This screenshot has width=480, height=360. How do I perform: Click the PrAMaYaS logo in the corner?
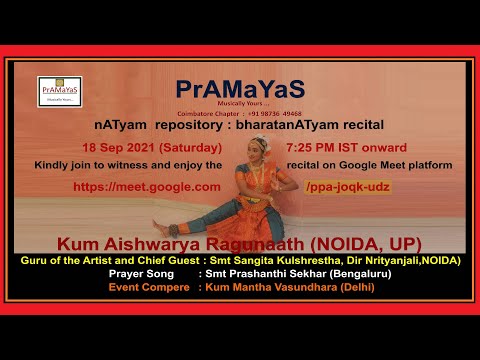(x=58, y=91)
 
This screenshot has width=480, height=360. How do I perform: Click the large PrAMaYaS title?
(x=239, y=89)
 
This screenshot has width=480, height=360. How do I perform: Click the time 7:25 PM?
(x=315, y=147)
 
